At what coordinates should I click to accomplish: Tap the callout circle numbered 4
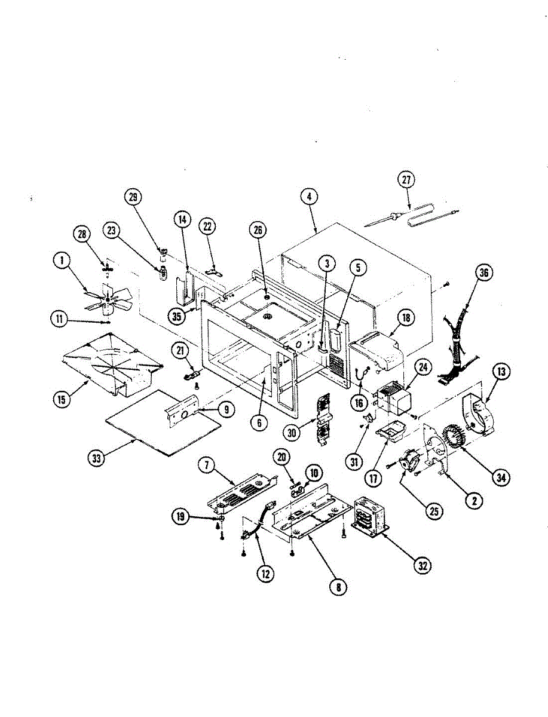point(310,197)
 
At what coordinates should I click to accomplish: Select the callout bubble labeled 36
point(483,272)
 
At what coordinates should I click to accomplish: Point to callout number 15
point(61,400)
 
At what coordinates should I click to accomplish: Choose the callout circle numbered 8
point(339,587)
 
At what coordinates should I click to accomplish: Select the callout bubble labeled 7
point(205,466)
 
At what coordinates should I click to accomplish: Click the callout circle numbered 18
point(406,318)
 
